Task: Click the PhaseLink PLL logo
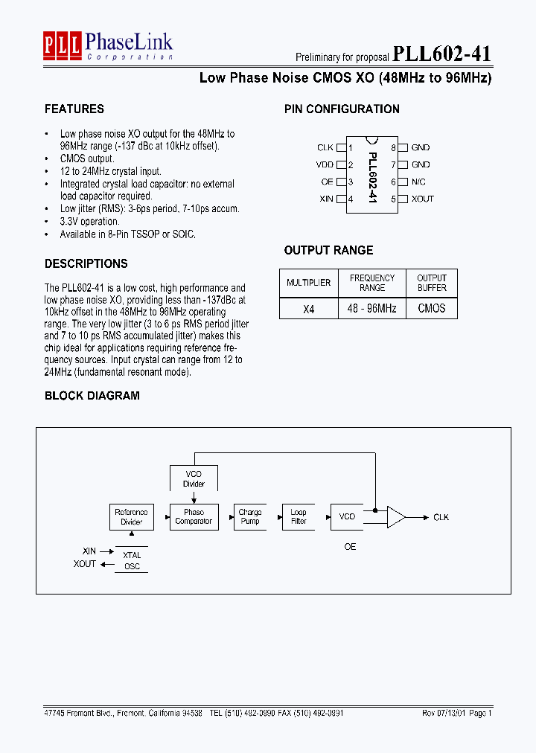[x=62, y=46]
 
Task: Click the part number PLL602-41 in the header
[x=441, y=54]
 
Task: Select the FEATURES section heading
[x=74, y=109]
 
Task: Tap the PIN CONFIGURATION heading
[x=342, y=109]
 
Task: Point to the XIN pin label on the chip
[x=326, y=199]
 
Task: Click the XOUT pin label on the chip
[x=423, y=199]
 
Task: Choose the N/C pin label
[x=418, y=182]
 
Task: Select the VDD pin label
[x=325, y=165]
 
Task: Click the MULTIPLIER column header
[x=308, y=283]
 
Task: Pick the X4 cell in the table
[x=308, y=308]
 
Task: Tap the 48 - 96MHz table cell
[x=372, y=308]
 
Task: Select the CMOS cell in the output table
[x=432, y=308]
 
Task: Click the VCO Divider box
[x=194, y=478]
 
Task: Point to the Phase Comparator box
[x=194, y=516]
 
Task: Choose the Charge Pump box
[x=250, y=516]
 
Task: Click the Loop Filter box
[x=299, y=516]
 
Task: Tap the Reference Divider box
[x=131, y=516]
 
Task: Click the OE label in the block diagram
[x=350, y=547]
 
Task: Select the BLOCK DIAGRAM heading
[x=92, y=396]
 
